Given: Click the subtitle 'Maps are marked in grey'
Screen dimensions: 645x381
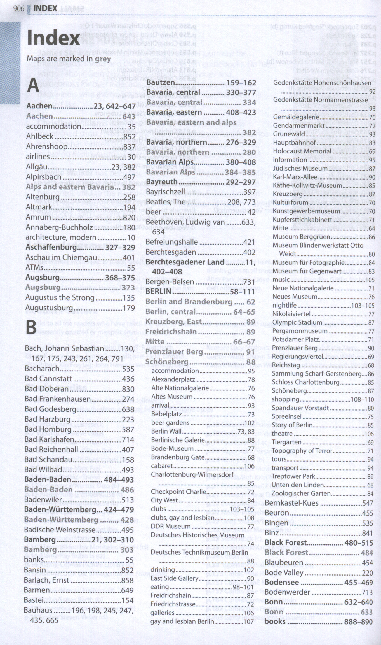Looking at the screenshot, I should coord(69,59).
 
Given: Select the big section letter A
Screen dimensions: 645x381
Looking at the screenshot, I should coord(33,86).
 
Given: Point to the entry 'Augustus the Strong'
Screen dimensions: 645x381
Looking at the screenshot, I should coord(60,298).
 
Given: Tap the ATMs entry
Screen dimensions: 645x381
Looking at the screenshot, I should coord(34,268).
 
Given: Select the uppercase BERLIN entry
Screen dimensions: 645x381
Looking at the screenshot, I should coord(158,292).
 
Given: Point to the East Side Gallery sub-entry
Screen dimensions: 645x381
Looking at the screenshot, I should coord(174,578).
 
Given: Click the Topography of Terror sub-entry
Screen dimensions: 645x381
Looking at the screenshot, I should coord(302,451).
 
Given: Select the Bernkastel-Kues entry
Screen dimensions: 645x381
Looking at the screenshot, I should coord(291,503).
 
